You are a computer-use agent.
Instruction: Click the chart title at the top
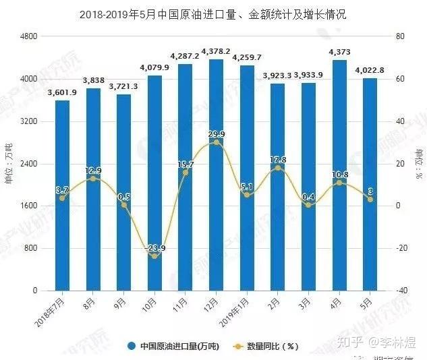(x=213, y=13)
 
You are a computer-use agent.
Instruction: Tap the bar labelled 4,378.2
(x=216, y=175)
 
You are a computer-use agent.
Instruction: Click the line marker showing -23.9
(x=154, y=256)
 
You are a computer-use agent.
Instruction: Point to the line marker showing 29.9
(x=216, y=142)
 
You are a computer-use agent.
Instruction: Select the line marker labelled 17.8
(x=277, y=168)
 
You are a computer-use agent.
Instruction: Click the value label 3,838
(x=93, y=82)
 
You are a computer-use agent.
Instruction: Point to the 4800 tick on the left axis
(x=28, y=36)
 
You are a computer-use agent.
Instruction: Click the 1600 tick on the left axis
(x=28, y=206)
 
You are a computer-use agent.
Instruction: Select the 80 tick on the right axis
(x=399, y=36)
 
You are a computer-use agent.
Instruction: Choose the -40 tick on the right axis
(x=401, y=291)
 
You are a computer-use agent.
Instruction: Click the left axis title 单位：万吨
(x=9, y=162)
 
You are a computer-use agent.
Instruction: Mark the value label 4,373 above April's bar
(x=339, y=52)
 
